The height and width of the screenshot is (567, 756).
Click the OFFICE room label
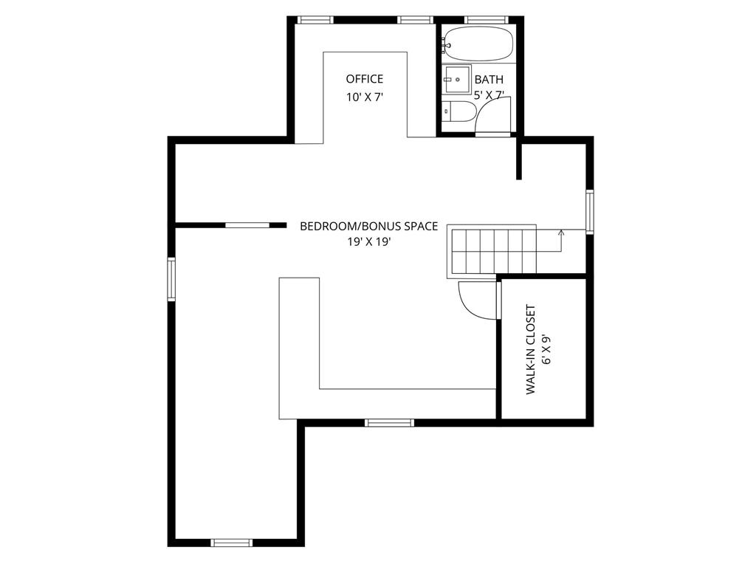tap(365, 79)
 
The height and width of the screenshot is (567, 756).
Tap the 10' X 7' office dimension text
tap(365, 97)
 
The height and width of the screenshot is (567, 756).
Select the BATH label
tap(489, 80)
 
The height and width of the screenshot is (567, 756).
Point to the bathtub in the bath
tap(478, 44)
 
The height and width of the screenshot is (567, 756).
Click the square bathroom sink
tap(456, 79)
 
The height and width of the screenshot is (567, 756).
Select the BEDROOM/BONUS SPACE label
tap(369, 226)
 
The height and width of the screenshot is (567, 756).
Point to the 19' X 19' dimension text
tap(369, 242)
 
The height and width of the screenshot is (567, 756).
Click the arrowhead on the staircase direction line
tap(561, 233)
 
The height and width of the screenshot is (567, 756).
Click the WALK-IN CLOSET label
tap(530, 349)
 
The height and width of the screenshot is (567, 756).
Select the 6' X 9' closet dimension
tap(546, 349)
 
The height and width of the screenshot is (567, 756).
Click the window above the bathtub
tap(487, 20)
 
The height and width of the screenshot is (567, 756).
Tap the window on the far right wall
tap(590, 212)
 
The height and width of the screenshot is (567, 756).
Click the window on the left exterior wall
tap(171, 279)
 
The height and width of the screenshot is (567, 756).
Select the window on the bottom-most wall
tap(232, 543)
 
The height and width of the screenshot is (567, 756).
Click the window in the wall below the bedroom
tap(389, 423)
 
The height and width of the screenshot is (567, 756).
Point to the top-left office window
tap(315, 20)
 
